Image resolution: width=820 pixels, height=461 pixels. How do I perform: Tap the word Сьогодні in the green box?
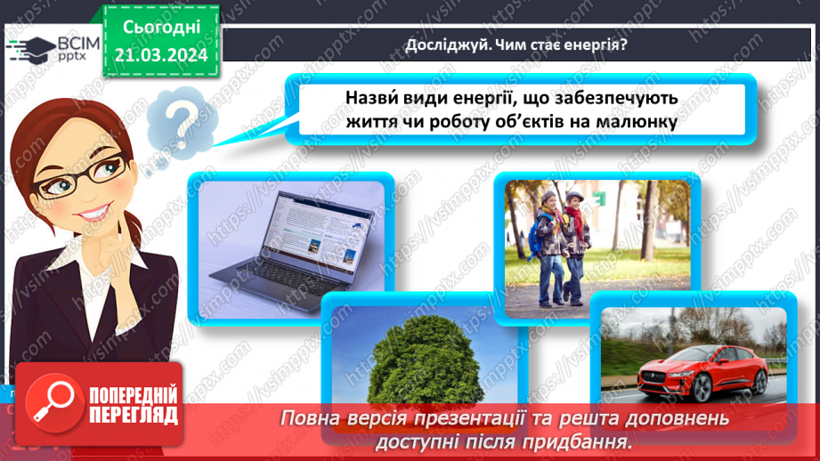[x=161, y=29]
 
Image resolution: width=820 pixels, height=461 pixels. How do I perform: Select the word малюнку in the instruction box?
[x=638, y=122]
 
